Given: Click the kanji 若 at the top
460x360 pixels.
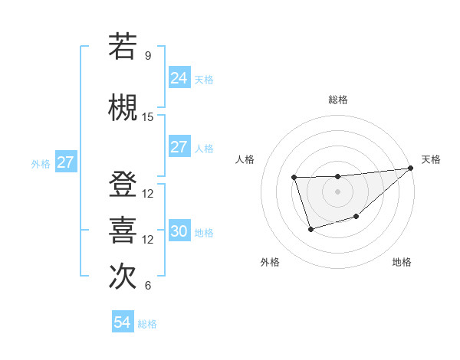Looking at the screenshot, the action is pyautogui.click(x=123, y=47).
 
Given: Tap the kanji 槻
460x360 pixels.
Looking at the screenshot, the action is pyautogui.click(x=123, y=108).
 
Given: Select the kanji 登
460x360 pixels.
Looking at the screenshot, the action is pyautogui.click(x=123, y=186).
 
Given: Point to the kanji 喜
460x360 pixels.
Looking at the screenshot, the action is pyautogui.click(x=123, y=231).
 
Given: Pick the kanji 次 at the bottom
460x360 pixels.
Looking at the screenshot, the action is pyautogui.click(x=123, y=277).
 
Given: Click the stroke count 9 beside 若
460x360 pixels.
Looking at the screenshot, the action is pyautogui.click(x=148, y=56).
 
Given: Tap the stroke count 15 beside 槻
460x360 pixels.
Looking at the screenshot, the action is pyautogui.click(x=148, y=117).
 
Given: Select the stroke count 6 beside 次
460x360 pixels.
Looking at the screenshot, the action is pyautogui.click(x=148, y=286).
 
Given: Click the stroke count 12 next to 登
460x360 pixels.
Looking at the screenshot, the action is pyautogui.click(x=148, y=194).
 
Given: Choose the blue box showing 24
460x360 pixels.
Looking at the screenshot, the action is pyautogui.click(x=179, y=78).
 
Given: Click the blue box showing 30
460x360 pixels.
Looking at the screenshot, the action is pyautogui.click(x=179, y=232).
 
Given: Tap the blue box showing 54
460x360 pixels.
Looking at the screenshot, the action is pyautogui.click(x=122, y=323).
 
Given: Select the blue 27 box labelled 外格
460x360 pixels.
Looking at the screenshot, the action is pyautogui.click(x=65, y=162).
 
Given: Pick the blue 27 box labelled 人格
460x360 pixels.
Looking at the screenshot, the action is pyautogui.click(x=179, y=147).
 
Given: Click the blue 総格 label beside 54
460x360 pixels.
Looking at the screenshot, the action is pyautogui.click(x=147, y=324).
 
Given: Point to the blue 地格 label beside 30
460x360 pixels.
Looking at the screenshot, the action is pyautogui.click(x=204, y=233).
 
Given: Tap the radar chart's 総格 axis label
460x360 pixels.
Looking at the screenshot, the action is pyautogui.click(x=337, y=100).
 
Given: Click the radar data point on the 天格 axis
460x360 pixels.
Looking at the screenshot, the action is pyautogui.click(x=411, y=168).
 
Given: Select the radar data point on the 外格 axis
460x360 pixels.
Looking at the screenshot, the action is pyautogui.click(x=310, y=229).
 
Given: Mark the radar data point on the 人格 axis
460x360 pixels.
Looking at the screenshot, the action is pyautogui.click(x=294, y=178).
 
